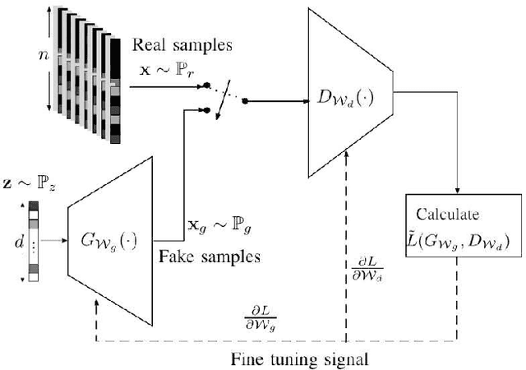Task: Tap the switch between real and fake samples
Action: click(224, 101)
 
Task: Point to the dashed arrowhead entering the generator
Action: click(97, 305)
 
